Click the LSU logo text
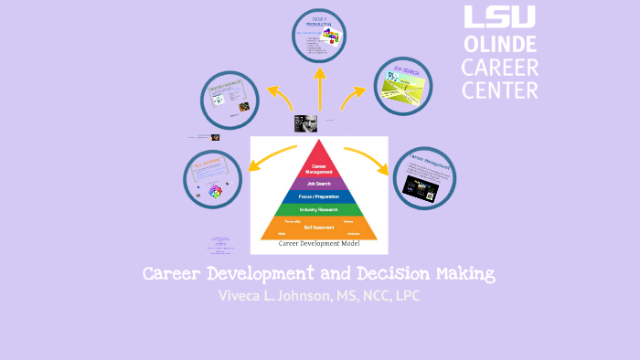click(499, 18)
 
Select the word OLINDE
click(499, 44)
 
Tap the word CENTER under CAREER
click(499, 90)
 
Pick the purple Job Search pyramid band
click(319, 183)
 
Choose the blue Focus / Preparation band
click(319, 196)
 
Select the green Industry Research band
click(319, 209)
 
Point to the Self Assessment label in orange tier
click(319, 227)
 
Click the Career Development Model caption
click(319, 244)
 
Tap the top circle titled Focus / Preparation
click(319, 36)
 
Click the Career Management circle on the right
click(423, 178)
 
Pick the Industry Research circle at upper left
click(231, 101)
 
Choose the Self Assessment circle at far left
click(212, 180)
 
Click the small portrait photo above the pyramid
click(305, 123)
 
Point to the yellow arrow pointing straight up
click(319, 87)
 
